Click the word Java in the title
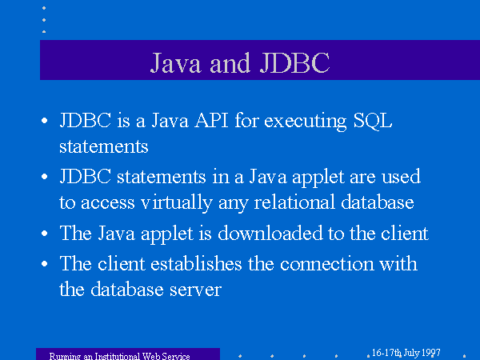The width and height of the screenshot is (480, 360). (x=176, y=62)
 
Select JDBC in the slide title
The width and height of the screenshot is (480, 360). (x=294, y=62)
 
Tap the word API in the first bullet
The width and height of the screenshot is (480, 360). (x=212, y=120)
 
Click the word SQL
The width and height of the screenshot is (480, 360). (x=373, y=121)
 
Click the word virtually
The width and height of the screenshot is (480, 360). (x=176, y=202)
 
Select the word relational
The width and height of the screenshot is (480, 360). (x=294, y=202)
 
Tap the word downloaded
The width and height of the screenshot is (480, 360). (x=270, y=233)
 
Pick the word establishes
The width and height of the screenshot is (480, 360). (x=196, y=263)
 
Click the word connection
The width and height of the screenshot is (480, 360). (x=327, y=263)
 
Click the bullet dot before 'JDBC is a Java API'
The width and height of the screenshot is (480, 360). (x=44, y=120)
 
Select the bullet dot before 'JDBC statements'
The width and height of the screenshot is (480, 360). (x=44, y=177)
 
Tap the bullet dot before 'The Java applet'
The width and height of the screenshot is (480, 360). (x=44, y=234)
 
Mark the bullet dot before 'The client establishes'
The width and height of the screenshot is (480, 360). (x=44, y=263)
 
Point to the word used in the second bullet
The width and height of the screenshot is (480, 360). (x=401, y=177)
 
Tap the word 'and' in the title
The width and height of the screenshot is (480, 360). (x=230, y=63)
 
